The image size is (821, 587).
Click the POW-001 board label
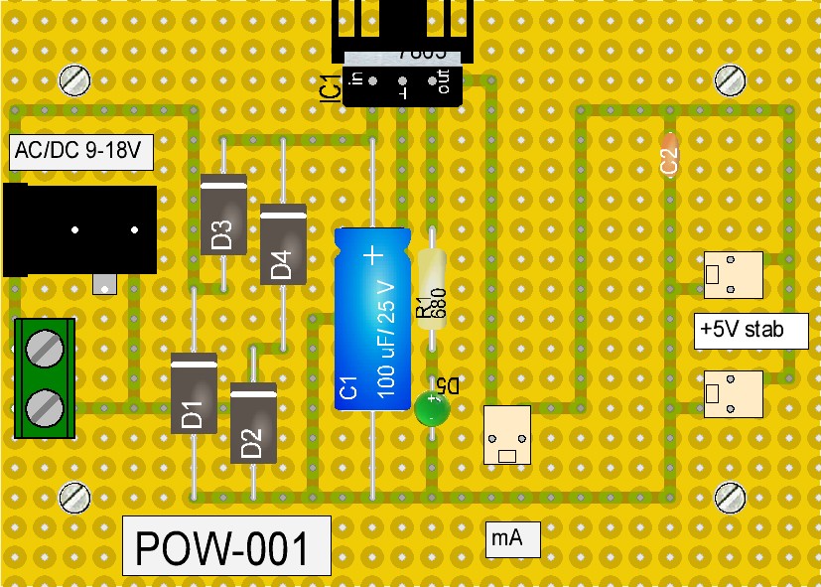click(226, 545)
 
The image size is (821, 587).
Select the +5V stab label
click(751, 330)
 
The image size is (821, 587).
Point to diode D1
click(194, 393)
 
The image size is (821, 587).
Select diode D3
click(222, 215)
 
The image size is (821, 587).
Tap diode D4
click(283, 244)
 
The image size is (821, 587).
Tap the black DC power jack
click(79, 230)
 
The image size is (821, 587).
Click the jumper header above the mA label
click(506, 434)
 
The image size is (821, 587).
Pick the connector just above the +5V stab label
click(733, 275)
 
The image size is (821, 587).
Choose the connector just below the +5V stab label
click(733, 393)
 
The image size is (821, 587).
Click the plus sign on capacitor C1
click(373, 256)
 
